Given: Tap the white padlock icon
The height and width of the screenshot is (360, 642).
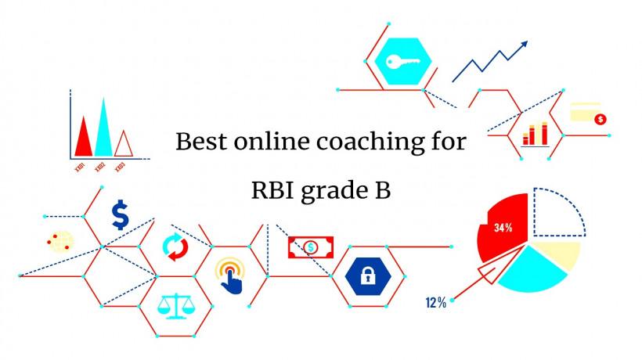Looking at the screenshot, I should [366, 274].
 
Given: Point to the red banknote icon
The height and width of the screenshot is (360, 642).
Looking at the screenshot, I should [311, 248].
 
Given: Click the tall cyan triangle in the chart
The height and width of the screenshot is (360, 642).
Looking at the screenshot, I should [103, 130].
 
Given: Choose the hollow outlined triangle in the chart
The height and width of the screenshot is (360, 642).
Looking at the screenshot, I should [123, 144].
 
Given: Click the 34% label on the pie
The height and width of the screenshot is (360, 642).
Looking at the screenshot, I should [503, 229].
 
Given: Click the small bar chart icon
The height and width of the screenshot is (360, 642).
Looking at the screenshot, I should [535, 135].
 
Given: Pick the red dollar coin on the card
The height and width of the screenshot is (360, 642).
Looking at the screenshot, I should [601, 119].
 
